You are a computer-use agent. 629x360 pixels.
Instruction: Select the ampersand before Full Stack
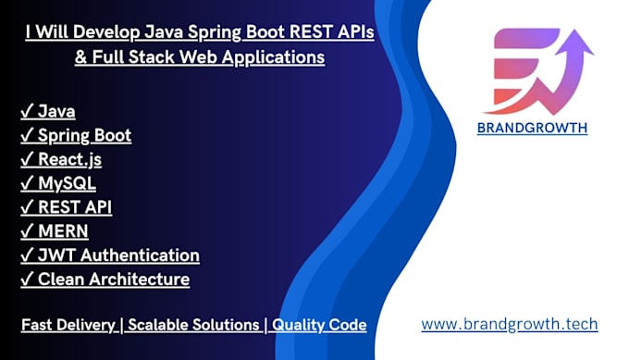80,57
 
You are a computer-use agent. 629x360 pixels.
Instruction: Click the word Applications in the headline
273,57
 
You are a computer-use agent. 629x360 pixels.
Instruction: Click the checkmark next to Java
27,111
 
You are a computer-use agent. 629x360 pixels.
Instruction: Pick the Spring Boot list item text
85,136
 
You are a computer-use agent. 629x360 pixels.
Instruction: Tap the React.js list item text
69,160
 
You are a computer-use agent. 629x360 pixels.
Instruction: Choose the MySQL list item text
67,183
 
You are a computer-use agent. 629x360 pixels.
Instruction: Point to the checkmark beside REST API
27,206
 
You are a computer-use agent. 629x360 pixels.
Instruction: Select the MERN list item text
63,231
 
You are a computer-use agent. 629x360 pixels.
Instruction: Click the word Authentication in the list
140,255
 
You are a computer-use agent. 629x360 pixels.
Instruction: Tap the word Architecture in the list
145,279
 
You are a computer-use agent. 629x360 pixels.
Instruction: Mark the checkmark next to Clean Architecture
27,279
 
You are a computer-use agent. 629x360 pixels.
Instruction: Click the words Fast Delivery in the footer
68,325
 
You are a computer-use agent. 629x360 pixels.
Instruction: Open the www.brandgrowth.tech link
510,324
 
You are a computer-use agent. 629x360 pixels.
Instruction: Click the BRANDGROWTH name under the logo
532,128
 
